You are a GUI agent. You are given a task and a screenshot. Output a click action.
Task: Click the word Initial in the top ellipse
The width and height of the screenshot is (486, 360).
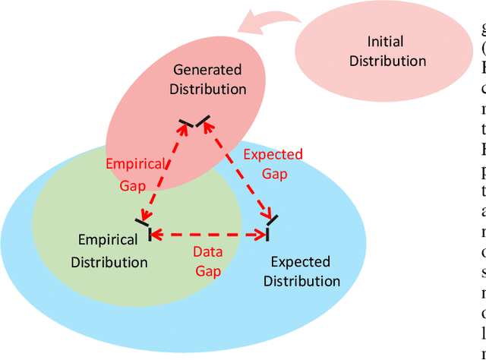(385, 41)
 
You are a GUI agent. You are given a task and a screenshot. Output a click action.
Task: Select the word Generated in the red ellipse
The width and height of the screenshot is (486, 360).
(207, 69)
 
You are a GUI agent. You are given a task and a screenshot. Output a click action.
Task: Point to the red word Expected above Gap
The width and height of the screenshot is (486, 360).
(273, 154)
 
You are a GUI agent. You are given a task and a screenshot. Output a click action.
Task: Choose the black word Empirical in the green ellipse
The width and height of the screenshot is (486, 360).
(109, 240)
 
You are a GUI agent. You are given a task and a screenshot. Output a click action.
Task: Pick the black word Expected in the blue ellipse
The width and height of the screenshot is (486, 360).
(301, 262)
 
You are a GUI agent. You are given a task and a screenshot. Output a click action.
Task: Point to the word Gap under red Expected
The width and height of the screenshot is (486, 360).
(274, 174)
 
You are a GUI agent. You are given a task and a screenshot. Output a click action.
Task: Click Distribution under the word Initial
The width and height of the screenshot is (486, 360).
(387, 61)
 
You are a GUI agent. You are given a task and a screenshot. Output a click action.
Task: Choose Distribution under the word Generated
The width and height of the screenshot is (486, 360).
(207, 89)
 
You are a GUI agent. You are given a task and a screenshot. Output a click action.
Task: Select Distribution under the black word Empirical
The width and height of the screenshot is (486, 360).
(109, 262)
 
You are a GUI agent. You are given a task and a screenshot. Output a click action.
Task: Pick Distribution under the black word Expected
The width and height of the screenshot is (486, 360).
(301, 282)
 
